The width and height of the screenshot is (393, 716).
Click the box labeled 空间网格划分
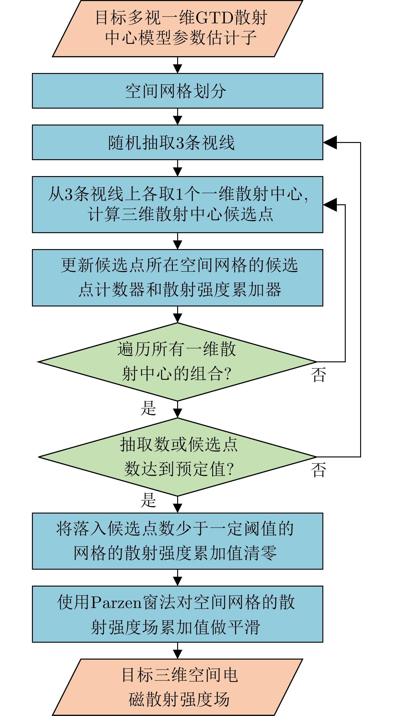tap(177, 91)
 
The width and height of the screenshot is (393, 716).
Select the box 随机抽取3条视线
tap(177, 142)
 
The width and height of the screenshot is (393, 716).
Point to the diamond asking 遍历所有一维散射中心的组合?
tap(177, 362)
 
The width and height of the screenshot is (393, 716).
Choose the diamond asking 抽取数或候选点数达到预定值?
tap(177, 457)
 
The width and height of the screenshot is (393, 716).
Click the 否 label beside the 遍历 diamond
tap(318, 375)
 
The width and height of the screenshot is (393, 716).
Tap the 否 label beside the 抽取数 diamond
tap(318, 470)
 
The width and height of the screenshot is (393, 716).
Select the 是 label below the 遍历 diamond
tap(149, 408)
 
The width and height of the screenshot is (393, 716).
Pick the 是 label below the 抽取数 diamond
tap(149, 500)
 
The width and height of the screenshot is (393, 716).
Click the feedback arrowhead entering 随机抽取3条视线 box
tap(330, 142)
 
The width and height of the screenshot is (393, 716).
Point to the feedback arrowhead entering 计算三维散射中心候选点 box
tap(330, 205)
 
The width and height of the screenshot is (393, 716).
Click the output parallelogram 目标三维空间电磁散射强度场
tap(177, 687)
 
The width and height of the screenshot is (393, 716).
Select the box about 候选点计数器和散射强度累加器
tap(177, 278)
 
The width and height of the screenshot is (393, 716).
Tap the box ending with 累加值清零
tap(177, 541)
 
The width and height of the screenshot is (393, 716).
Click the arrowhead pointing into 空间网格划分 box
tap(177, 69)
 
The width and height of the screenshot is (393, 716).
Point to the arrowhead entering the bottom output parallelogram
tap(177, 654)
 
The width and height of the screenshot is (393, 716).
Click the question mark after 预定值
tap(230, 469)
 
